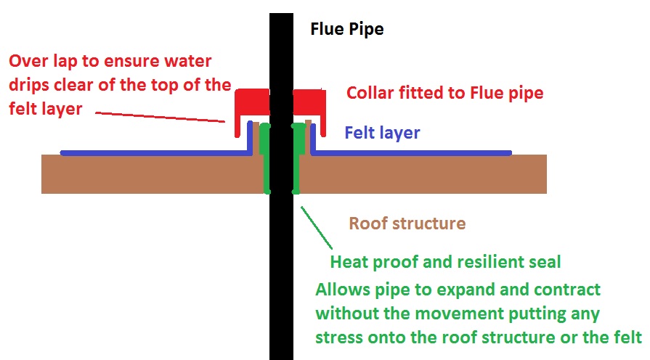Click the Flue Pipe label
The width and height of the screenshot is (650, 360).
(346, 30)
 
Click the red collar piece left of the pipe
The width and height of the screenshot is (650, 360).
(250, 101)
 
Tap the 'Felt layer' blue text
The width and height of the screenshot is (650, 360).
(382, 133)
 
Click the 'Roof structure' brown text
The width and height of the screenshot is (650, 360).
(407, 223)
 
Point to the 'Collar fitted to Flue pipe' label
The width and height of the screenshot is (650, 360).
(444, 93)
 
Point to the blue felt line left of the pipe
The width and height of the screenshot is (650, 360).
(153, 152)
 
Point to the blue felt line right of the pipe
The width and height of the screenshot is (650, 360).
(410, 152)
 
